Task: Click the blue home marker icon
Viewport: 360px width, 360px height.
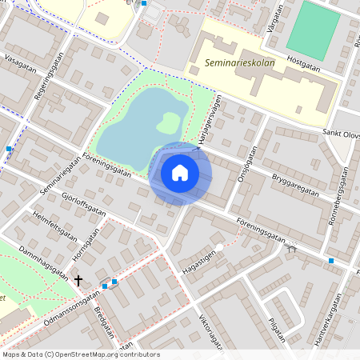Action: coord(180,173)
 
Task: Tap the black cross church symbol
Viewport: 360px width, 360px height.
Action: coord(78,281)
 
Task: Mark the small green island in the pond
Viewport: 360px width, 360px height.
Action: coord(168,122)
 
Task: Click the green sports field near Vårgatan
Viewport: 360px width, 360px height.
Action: coord(313,29)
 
